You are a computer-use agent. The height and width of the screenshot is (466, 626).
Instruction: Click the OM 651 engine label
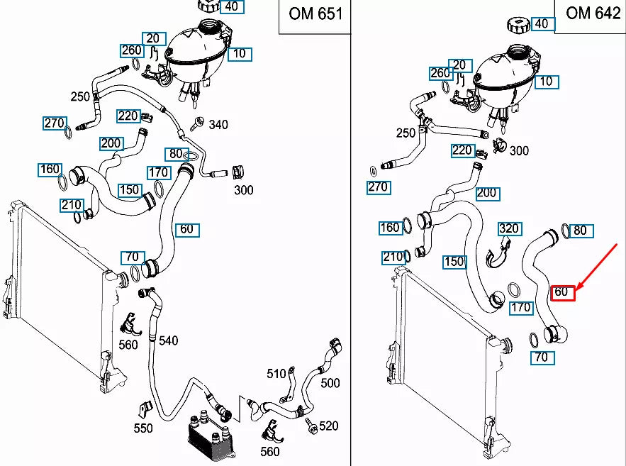tap(315, 14)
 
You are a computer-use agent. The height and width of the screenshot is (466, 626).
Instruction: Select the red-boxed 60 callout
tap(563, 292)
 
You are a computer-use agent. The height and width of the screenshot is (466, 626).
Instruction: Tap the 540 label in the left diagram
tap(168, 341)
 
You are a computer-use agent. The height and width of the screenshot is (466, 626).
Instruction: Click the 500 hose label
tap(330, 383)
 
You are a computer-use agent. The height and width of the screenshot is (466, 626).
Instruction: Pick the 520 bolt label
tap(328, 426)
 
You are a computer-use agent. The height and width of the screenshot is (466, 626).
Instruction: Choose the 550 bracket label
tap(143, 428)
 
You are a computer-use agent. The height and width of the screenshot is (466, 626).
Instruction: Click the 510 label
tap(276, 374)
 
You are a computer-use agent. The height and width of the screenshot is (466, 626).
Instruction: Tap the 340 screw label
tap(218, 125)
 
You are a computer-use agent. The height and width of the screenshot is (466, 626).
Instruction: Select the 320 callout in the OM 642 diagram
tap(509, 229)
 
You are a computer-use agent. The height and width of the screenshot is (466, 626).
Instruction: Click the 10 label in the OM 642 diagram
tap(546, 82)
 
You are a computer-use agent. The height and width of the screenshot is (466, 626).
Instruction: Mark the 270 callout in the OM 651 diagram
tap(54, 123)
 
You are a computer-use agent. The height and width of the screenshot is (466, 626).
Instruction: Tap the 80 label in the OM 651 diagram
tap(174, 154)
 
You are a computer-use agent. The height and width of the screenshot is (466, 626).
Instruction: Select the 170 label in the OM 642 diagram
tap(521, 308)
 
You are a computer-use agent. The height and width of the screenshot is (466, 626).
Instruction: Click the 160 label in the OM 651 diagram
tap(50, 170)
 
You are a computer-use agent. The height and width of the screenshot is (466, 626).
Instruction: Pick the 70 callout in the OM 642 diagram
tap(541, 357)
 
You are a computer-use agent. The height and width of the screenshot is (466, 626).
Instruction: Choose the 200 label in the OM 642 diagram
tap(487, 193)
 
